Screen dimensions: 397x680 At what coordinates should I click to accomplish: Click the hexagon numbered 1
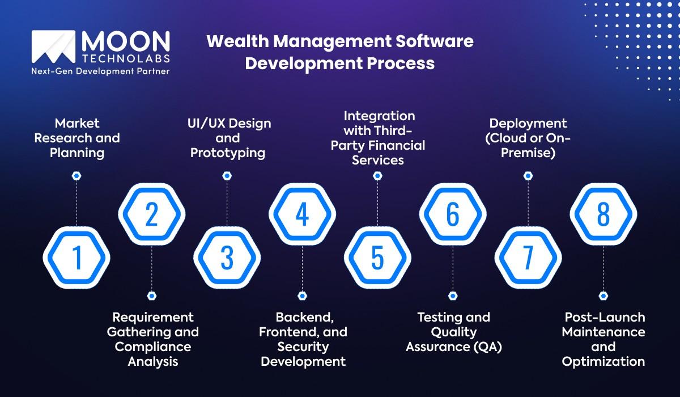(x=76, y=257)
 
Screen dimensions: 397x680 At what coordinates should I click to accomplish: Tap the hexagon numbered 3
(x=227, y=257)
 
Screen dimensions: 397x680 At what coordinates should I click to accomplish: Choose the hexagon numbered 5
(x=377, y=257)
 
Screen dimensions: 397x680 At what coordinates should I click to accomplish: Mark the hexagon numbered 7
(x=528, y=257)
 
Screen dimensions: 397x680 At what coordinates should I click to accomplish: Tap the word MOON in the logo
(x=125, y=41)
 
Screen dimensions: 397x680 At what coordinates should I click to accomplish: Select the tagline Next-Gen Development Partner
(x=100, y=71)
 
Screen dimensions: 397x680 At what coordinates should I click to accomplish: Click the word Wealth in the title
(x=232, y=41)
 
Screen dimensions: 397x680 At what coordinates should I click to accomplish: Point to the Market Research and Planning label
(x=76, y=138)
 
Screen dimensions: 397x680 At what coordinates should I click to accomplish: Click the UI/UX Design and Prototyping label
(x=229, y=138)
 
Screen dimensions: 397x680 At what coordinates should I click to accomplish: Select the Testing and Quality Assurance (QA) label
(x=453, y=332)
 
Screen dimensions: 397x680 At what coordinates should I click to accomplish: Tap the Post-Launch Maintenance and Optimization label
(x=603, y=339)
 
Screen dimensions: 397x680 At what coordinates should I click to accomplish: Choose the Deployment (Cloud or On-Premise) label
(x=528, y=138)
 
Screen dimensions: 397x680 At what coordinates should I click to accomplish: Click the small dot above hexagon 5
(x=377, y=176)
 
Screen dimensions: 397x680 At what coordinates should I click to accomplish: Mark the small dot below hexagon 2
(x=151, y=295)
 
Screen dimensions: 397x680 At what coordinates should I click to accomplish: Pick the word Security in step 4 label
(x=303, y=347)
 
